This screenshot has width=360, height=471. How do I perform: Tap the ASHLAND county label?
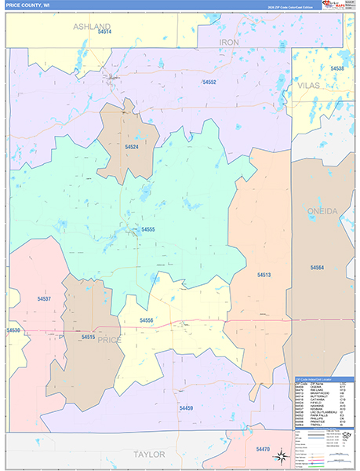coord(92,26)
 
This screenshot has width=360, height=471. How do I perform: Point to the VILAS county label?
coord(307,84)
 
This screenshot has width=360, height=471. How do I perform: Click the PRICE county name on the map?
coord(110,339)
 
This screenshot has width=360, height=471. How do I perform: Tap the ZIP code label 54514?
coord(105,32)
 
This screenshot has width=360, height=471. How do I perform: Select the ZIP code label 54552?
coord(209,82)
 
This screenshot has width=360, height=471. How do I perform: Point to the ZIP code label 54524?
coord(132,146)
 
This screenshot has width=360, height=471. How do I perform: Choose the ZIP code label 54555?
coord(147,229)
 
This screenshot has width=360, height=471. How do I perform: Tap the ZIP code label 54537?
coord(44,299)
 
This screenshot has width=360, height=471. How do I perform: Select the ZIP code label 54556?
coord(146,320)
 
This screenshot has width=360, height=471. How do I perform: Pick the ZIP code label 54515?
coord(88,337)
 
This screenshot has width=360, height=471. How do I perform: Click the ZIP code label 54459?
coord(186,408)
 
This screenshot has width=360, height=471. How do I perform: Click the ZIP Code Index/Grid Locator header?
coord(322,378)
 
